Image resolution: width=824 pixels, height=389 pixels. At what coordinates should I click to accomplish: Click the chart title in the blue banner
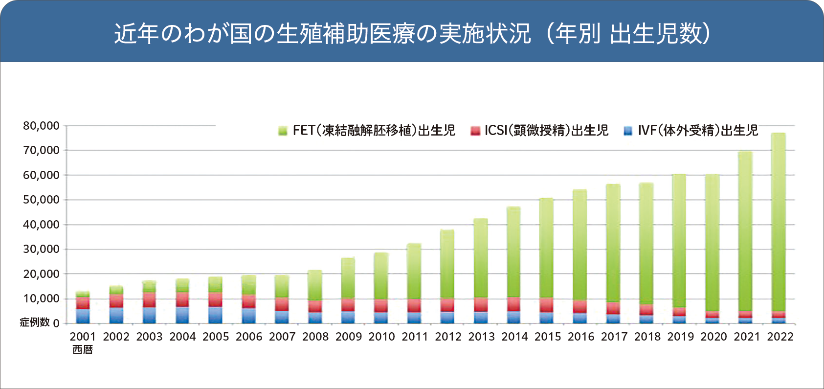412,33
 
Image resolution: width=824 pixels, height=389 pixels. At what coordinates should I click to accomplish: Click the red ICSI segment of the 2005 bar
215,300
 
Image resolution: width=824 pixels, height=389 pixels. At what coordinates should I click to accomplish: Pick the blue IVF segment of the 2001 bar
83,316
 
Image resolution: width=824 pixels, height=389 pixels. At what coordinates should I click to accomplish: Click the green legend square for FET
283,131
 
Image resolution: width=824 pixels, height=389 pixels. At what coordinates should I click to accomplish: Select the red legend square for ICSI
475,131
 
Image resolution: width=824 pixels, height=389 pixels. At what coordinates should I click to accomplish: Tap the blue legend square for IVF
628,131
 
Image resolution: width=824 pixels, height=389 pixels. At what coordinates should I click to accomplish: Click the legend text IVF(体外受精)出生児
698,130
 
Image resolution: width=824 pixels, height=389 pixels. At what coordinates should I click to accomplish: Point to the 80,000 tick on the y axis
41,126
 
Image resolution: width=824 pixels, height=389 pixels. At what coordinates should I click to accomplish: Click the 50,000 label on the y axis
41,200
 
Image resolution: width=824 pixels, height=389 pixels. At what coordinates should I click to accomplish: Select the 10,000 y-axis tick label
41,298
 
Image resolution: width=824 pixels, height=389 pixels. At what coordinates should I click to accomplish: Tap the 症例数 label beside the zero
34,322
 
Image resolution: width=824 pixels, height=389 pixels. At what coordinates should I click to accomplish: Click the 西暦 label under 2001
83,350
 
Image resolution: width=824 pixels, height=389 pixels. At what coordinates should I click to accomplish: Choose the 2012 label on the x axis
448,337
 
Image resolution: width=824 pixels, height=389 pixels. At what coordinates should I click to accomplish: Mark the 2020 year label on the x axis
713,337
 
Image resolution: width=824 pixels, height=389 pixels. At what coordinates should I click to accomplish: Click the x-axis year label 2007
282,337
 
